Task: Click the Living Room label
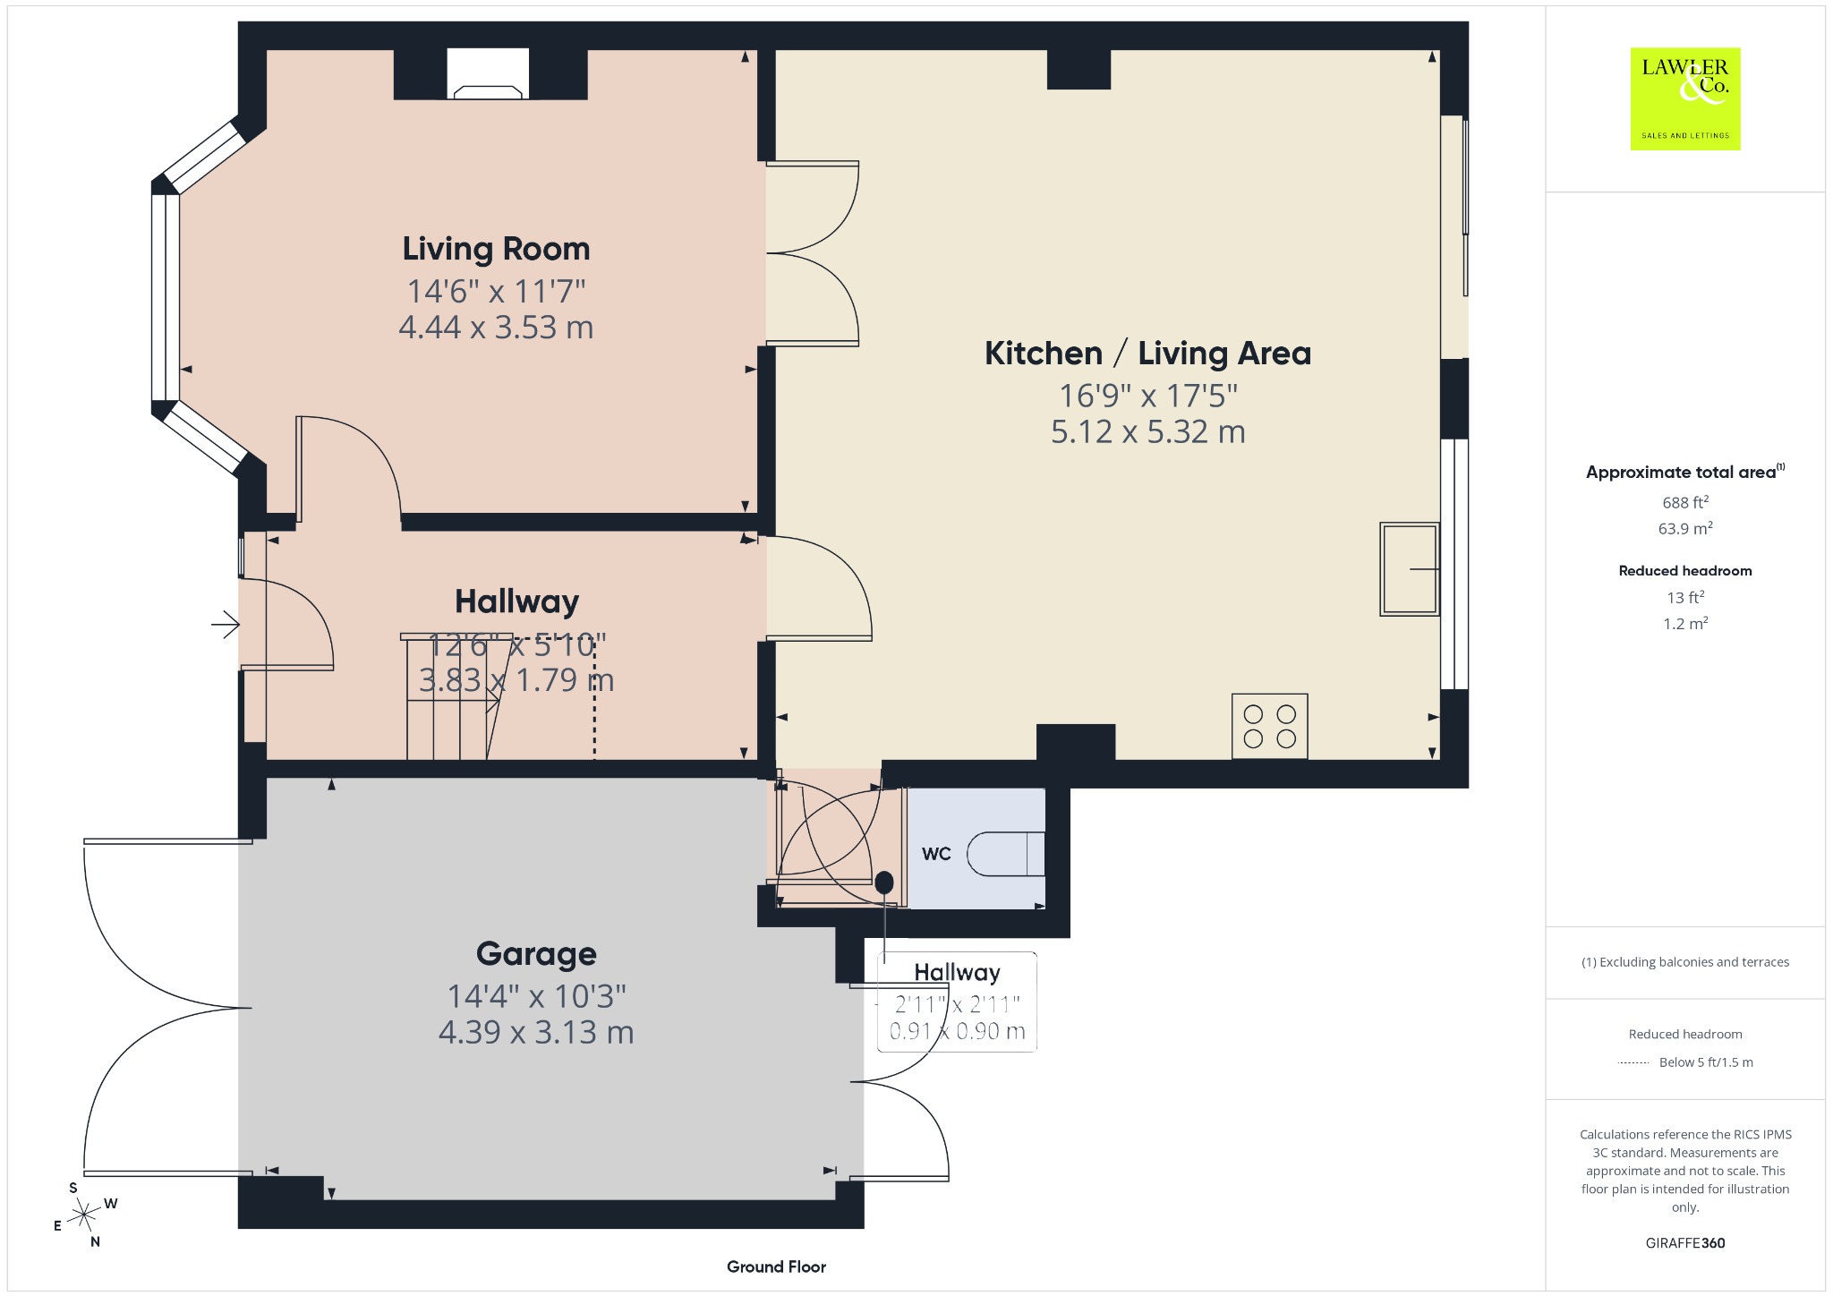(496, 249)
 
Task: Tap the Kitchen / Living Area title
(1148, 354)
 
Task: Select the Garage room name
(536, 954)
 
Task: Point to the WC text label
(936, 854)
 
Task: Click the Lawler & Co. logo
(1685, 98)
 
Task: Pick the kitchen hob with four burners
(1269, 726)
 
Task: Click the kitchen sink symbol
(1410, 569)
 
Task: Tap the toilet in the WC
(1006, 854)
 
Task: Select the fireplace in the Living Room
(488, 74)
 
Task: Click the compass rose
(84, 1215)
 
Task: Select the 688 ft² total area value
(1685, 502)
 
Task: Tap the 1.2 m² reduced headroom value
(1685, 623)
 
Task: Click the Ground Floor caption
(776, 1266)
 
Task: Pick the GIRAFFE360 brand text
(1685, 1243)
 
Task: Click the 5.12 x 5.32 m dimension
(1148, 432)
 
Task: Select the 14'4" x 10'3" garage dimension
(536, 996)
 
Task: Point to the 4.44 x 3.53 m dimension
(496, 328)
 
